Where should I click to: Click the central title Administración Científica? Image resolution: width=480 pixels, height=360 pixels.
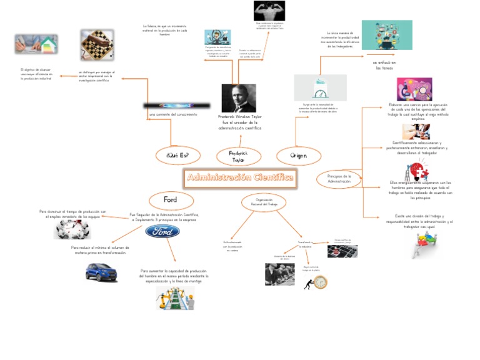[x=240, y=177]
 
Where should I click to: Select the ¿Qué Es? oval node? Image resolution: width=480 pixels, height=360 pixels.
[x=179, y=155]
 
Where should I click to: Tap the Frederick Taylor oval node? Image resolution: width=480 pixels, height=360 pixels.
[x=238, y=156]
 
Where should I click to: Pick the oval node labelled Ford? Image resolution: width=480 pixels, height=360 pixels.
[x=171, y=200]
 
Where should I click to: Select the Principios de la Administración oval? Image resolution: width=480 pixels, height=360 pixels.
[x=339, y=179]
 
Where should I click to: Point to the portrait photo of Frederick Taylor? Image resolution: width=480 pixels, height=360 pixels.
[x=238, y=98]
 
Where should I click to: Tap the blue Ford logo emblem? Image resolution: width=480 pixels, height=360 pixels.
[x=162, y=232]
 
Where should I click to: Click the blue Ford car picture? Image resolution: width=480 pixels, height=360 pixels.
[x=101, y=272]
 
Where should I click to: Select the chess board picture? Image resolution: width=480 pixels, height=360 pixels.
[x=97, y=45]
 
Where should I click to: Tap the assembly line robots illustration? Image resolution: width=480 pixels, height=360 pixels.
[x=175, y=298]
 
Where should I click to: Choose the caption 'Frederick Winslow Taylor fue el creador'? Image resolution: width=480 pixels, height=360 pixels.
[x=240, y=122]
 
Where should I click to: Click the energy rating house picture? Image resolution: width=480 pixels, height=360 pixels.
[x=36, y=44]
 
